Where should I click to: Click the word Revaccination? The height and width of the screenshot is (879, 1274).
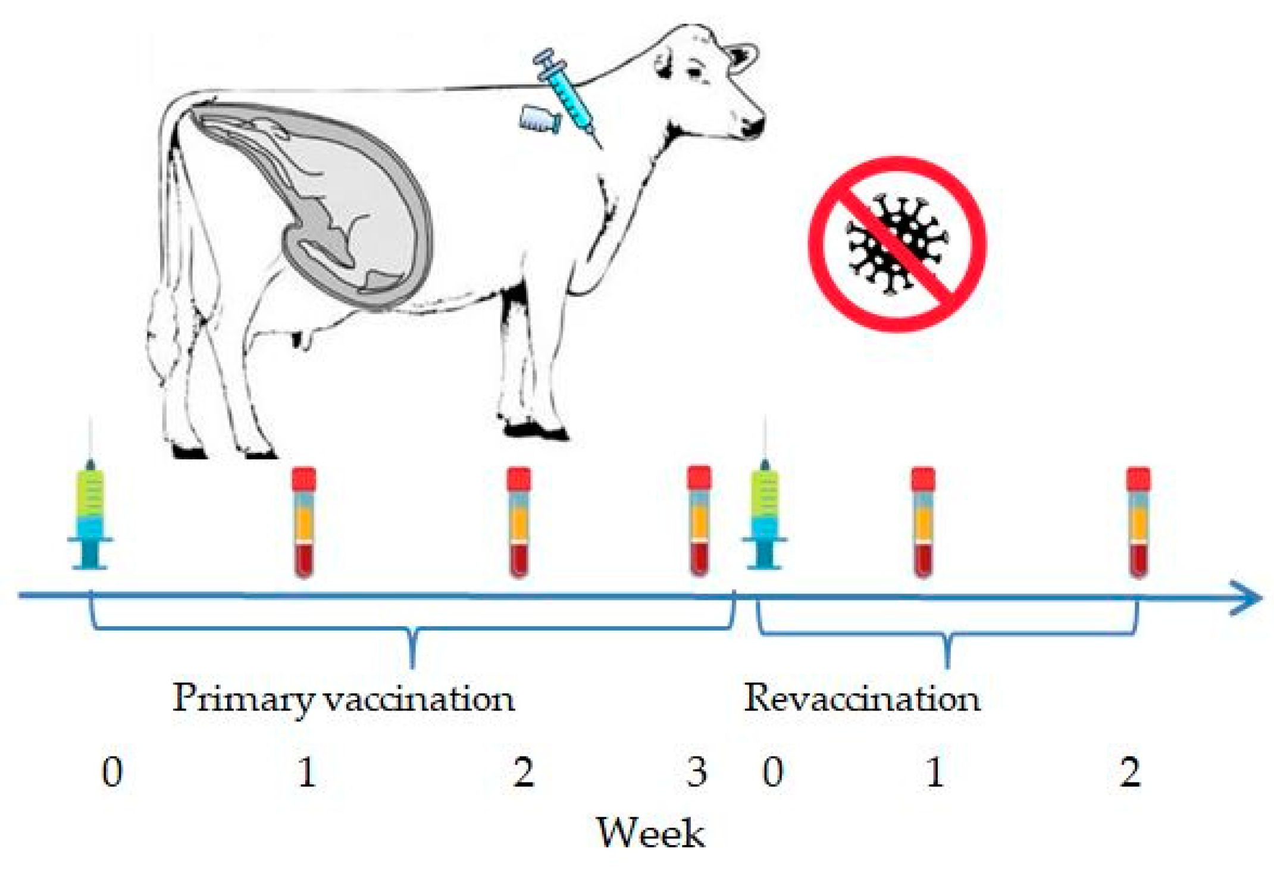tap(862, 698)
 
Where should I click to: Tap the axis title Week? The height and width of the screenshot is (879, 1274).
tap(650, 833)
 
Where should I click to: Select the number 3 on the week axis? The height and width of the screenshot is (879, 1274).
tap(696, 772)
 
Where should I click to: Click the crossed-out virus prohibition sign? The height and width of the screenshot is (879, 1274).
tap(897, 244)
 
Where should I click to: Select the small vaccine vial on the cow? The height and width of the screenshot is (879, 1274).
tap(539, 118)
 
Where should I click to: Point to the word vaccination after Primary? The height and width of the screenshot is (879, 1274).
tap(420, 698)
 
